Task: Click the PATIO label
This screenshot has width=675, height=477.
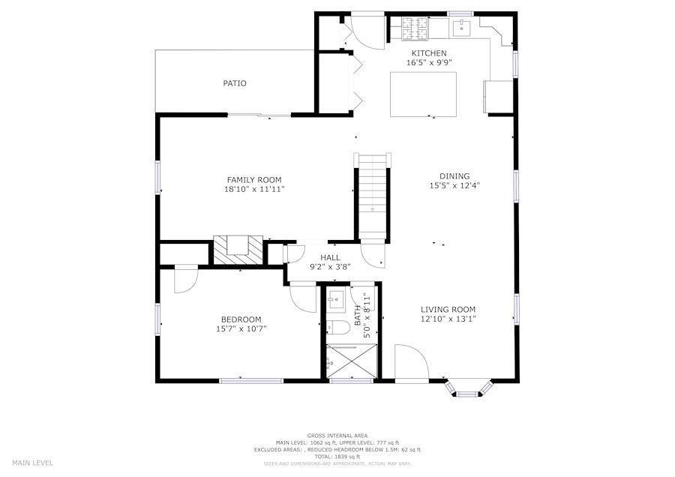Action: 235,83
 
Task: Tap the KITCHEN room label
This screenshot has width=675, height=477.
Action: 429,53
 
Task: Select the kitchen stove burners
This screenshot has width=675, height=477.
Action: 415,28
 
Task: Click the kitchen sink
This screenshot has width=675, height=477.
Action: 461,27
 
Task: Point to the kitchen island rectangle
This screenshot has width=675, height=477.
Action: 423,94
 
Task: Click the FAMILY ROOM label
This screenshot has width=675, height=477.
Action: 254,180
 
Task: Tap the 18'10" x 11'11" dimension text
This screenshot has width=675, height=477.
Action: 254,190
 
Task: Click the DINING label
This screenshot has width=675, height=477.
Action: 454,176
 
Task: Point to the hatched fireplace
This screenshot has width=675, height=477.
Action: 238,250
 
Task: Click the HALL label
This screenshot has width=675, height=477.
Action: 330,257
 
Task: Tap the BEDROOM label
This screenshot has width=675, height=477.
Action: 241,319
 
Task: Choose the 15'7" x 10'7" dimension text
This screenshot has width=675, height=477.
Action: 241,329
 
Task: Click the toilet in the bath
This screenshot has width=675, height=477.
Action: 338,328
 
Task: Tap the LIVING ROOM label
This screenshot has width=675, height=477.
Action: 448,310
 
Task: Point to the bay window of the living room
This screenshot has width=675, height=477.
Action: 467,388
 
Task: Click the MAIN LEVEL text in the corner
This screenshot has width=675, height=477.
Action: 33,463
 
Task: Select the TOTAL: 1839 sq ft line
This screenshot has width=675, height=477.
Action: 337,456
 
